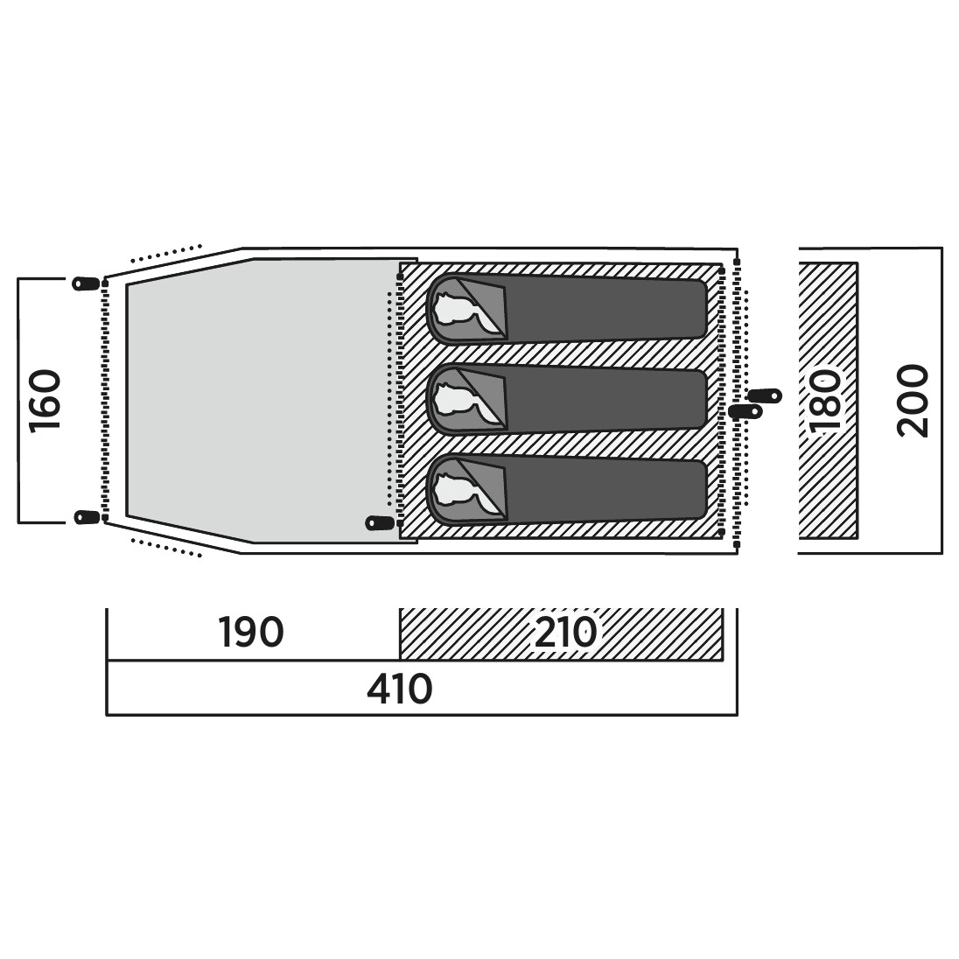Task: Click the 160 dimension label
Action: click(45, 401)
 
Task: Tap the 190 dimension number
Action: click(251, 632)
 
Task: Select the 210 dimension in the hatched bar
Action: click(565, 632)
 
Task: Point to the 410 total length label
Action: click(399, 689)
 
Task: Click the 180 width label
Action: click(826, 401)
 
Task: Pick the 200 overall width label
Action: click(913, 401)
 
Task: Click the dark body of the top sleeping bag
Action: click(605, 310)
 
